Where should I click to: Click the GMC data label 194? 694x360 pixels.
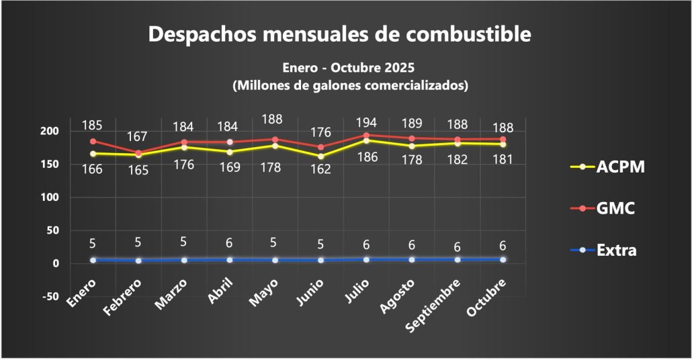(x=366, y=123)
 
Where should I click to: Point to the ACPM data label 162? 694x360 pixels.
(x=320, y=170)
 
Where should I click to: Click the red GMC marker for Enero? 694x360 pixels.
(x=93, y=141)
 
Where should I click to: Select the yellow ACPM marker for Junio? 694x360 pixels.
(x=320, y=156)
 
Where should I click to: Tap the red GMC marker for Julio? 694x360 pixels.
(x=366, y=136)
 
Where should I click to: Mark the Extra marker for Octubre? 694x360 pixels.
(x=503, y=259)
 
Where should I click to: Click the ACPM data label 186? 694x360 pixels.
(x=366, y=157)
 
